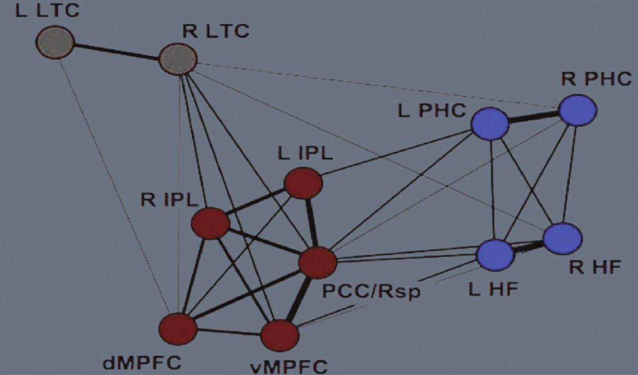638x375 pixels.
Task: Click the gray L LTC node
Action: (55, 42)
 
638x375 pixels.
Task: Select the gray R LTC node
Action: (178, 59)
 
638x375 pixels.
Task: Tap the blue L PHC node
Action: (490, 124)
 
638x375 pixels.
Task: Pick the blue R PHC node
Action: (578, 110)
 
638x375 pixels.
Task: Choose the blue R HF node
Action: (563, 239)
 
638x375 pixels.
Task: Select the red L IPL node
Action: (304, 183)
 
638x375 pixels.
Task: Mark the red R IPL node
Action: (210, 224)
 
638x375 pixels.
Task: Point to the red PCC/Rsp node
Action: (317, 262)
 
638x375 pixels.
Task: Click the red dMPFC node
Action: (178, 329)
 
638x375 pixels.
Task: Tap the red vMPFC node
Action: (280, 336)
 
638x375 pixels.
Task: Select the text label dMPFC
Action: (142, 362)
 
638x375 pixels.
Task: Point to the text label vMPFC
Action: (289, 367)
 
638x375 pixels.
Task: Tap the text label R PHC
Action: (596, 79)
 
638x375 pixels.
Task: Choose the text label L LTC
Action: (47, 10)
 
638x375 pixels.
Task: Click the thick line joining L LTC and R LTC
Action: (117, 52)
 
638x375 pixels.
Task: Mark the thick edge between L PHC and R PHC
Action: (534, 117)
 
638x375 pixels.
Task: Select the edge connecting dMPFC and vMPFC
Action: (229, 332)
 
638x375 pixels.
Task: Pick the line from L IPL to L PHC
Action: (397, 153)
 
